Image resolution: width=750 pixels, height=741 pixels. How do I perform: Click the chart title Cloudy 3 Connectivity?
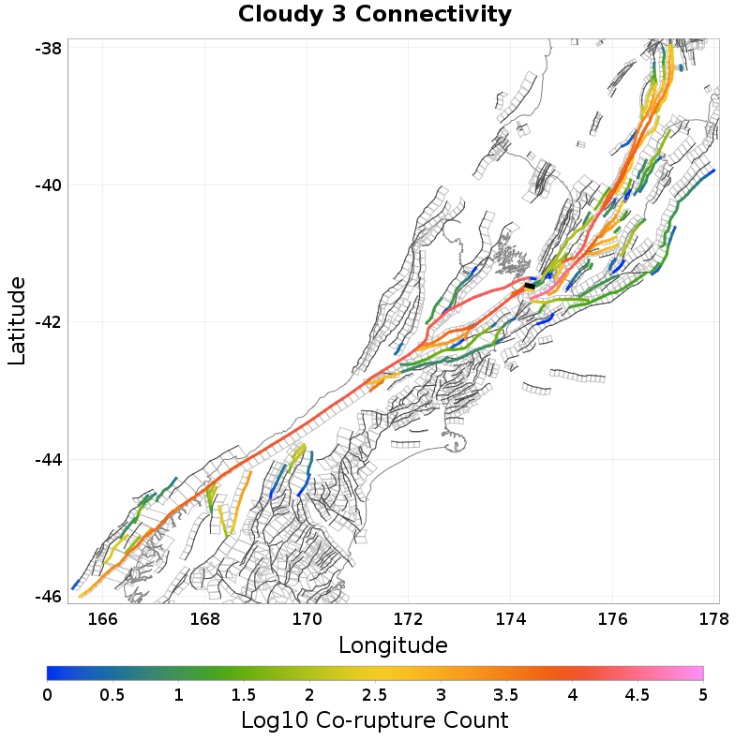point(375,15)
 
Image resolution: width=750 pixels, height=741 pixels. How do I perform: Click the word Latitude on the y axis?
point(17,320)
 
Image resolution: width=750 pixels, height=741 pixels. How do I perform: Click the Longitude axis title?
point(393,645)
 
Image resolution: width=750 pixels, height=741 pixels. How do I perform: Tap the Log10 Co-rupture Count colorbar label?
point(375,720)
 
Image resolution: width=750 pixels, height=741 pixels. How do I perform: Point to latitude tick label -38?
point(47,48)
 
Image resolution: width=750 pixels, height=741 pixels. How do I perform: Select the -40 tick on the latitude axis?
point(47,185)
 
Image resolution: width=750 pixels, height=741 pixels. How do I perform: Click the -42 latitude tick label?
point(47,322)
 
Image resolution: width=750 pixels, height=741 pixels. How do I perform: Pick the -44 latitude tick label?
point(47,459)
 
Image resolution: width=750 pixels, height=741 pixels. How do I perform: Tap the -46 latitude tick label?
point(47,596)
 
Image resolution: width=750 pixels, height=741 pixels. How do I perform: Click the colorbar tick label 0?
point(48,695)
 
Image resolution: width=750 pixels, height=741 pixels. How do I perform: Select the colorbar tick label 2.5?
point(375,695)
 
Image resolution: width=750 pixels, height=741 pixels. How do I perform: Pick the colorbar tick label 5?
point(702,695)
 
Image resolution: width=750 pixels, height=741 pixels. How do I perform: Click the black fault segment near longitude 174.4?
point(530,286)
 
